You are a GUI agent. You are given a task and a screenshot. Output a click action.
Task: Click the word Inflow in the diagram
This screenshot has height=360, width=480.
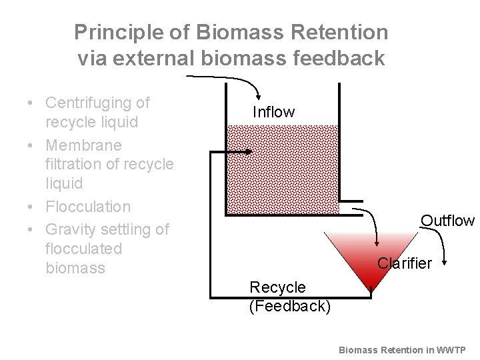pos(273,112)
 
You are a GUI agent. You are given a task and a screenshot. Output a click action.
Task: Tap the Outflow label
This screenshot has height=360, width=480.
pos(447,221)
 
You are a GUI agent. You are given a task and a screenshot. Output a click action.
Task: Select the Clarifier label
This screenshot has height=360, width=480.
pos(405,263)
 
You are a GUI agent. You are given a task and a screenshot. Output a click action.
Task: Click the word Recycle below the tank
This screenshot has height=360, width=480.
pos(277,287)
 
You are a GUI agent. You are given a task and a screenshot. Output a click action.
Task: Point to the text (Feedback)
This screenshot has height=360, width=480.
pos(289,307)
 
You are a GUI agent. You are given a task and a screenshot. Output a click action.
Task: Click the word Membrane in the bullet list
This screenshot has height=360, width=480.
pos(83,145)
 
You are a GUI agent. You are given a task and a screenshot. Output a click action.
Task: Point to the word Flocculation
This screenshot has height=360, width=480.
pos(88,207)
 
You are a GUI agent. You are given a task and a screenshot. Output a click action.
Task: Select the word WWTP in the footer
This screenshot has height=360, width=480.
pos(454,349)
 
